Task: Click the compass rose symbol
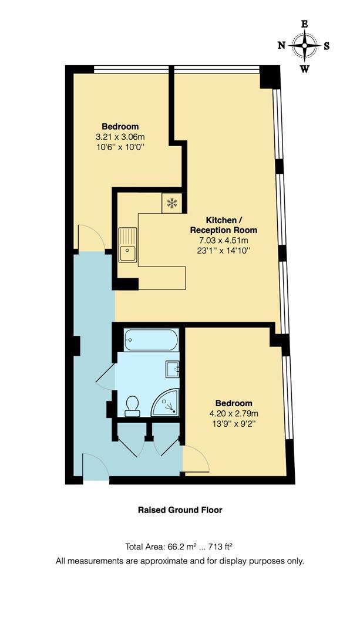point(304,46)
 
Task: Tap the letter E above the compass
point(304,24)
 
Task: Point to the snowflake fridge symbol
point(172,203)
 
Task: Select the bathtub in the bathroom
point(152,340)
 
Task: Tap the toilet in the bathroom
point(133,405)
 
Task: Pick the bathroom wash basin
point(171,369)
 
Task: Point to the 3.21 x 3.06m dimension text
point(120,137)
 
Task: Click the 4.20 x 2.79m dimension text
point(234,413)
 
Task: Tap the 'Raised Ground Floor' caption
point(180,510)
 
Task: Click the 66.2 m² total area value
point(173,547)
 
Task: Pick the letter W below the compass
point(304,69)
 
